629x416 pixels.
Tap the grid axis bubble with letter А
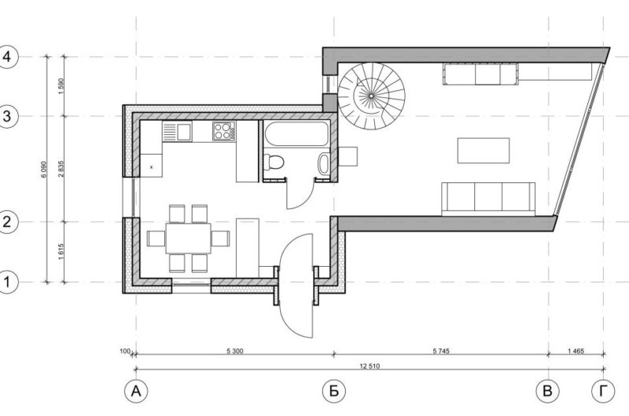pos(136,390)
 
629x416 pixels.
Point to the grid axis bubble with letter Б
pos(334,390)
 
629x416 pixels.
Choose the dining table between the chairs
pos(189,238)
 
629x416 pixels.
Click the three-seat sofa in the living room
pos(487,198)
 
